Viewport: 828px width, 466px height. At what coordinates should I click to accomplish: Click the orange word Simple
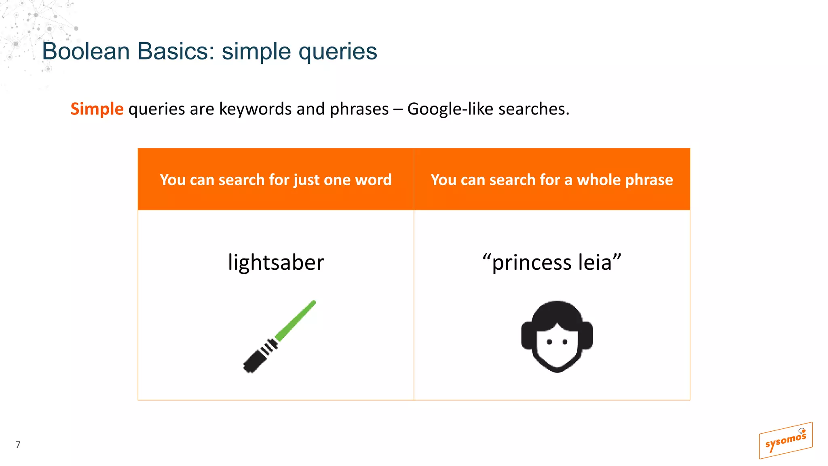tap(97, 109)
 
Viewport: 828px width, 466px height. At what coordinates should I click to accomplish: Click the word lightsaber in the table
tap(276, 263)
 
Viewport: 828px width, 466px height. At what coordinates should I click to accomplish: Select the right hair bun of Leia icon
tap(587, 335)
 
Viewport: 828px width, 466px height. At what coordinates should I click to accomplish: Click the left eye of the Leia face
tap(549, 342)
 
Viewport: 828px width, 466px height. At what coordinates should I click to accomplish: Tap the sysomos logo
tap(785, 441)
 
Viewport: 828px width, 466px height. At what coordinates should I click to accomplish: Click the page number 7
tap(18, 445)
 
